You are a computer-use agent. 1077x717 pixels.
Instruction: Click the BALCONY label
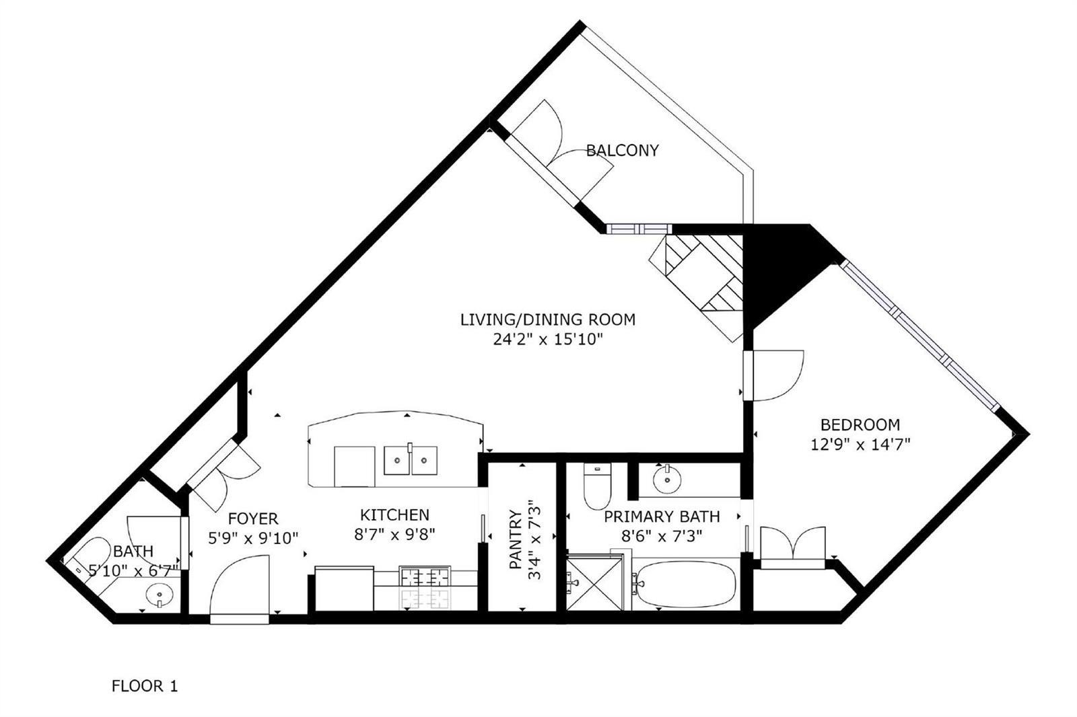(x=622, y=151)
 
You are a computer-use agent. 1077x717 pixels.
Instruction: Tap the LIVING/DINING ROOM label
(x=548, y=319)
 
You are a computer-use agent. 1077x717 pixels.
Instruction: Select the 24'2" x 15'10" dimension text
(x=548, y=340)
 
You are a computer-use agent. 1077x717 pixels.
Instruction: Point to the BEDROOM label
(x=860, y=425)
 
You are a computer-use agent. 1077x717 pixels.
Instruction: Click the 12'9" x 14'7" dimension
(x=861, y=445)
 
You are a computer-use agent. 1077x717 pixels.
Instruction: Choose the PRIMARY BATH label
(x=662, y=517)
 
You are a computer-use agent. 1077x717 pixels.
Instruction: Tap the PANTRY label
(x=516, y=539)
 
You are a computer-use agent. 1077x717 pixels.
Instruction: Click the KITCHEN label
(x=394, y=515)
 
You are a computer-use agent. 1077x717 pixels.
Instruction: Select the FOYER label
(x=253, y=519)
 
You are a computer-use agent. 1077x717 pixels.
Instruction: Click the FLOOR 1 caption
(x=145, y=686)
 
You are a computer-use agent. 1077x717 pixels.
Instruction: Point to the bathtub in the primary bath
(x=685, y=584)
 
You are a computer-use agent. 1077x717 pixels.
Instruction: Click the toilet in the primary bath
(x=597, y=486)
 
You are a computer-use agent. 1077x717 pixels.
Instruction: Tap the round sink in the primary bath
(x=667, y=479)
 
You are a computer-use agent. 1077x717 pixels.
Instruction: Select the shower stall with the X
(x=595, y=582)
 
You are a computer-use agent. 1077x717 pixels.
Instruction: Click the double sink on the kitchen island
(x=411, y=460)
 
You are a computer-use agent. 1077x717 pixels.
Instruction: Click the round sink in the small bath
(x=160, y=595)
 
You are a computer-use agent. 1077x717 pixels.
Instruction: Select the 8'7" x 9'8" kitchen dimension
(x=394, y=534)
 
